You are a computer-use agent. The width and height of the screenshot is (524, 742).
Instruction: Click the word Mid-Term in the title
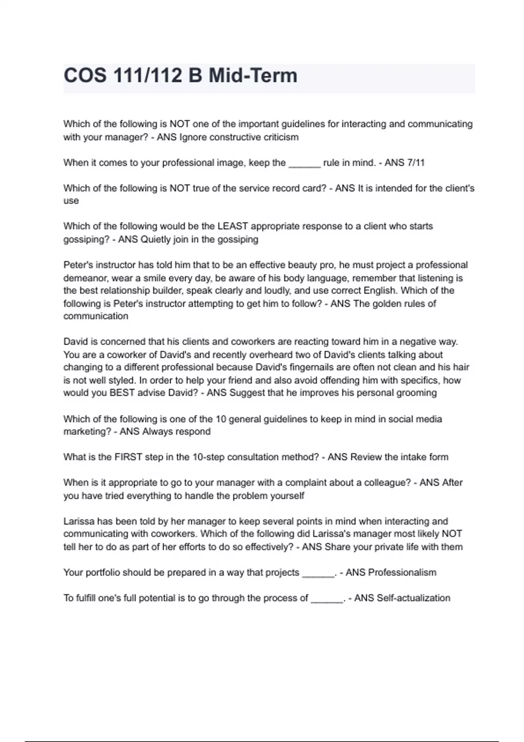click(253, 76)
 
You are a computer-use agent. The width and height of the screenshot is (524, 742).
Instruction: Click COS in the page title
click(85, 76)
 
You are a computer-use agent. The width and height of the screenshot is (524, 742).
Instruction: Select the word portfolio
click(102, 572)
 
